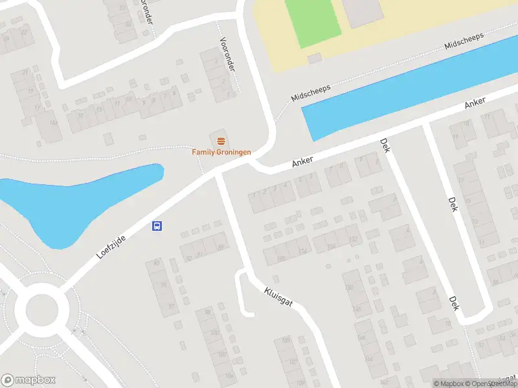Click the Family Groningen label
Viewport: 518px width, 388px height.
tap(221, 152)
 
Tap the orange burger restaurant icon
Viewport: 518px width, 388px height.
tap(221, 140)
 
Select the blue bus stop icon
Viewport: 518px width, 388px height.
tap(157, 226)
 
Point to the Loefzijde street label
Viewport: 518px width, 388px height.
tap(111, 247)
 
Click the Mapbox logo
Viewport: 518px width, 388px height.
tap(28, 380)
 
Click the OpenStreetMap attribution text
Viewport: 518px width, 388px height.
tap(497, 383)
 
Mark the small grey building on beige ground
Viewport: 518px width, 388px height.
tap(315, 58)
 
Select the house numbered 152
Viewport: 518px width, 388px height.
tap(354, 239)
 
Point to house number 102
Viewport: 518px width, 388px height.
tap(222, 354)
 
